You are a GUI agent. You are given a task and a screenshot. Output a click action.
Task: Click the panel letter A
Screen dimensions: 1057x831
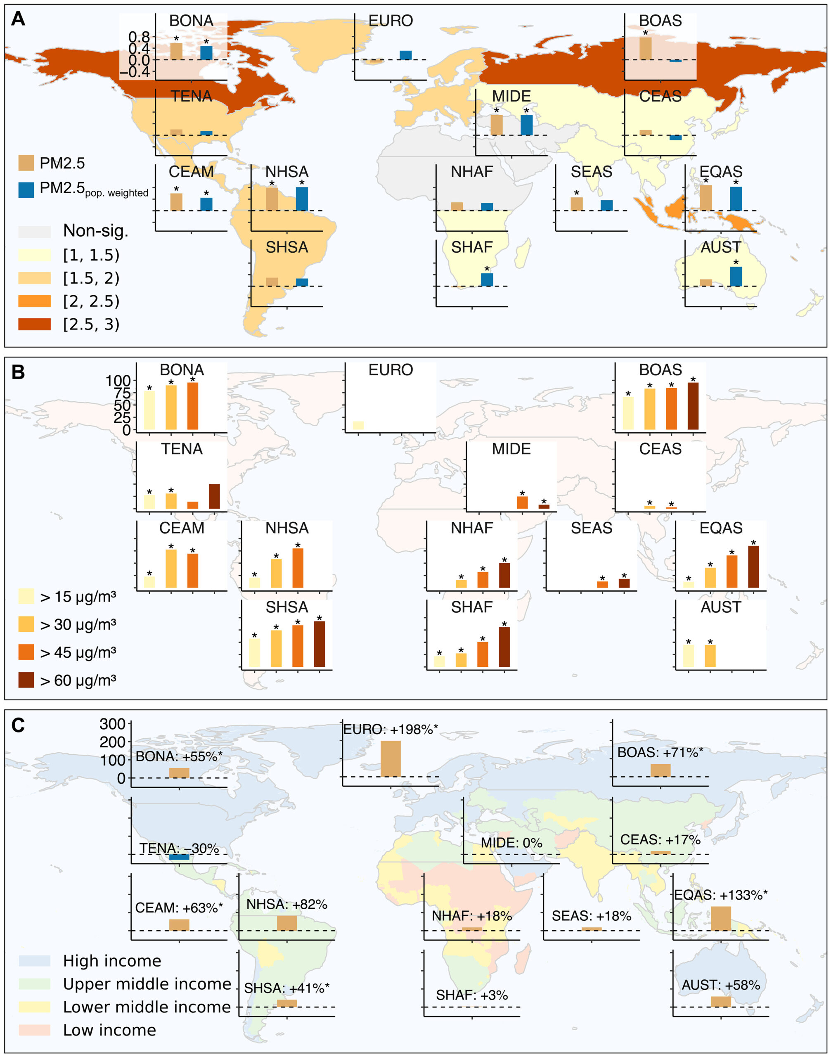[x=18, y=19]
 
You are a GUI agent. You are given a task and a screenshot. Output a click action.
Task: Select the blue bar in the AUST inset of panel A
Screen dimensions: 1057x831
[x=736, y=276]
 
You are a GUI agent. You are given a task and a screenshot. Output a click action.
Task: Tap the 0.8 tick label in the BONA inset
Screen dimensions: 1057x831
[x=139, y=37]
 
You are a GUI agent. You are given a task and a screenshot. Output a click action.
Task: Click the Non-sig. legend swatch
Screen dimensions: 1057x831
[x=35, y=231]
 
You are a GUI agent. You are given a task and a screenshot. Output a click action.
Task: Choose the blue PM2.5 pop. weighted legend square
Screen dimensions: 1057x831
[x=26, y=190]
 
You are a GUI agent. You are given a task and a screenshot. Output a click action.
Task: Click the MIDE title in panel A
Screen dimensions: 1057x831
[x=511, y=96]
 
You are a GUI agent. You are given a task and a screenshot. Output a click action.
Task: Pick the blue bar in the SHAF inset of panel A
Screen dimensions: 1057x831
[x=487, y=280]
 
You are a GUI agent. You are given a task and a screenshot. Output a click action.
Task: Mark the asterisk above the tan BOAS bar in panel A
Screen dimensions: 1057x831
[x=646, y=33]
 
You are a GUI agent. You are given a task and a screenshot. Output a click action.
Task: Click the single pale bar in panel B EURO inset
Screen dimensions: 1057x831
[x=358, y=425]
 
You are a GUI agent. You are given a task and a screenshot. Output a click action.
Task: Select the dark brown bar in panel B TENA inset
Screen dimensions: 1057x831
[x=214, y=496]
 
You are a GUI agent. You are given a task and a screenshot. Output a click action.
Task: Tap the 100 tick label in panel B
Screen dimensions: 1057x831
[x=118, y=381]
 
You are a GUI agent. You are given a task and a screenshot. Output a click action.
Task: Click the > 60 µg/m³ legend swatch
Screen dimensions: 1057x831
[x=26, y=680]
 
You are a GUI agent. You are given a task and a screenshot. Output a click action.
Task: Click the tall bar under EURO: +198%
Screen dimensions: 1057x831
[x=391, y=758]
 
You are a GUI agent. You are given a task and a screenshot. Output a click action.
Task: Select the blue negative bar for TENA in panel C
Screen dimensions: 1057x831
[x=179, y=856]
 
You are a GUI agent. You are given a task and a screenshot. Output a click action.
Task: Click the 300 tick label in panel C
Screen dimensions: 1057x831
[x=112, y=724]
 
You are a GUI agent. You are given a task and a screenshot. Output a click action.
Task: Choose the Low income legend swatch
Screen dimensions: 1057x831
[x=35, y=1030]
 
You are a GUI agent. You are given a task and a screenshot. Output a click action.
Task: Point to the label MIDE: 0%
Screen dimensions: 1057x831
[x=511, y=843]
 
